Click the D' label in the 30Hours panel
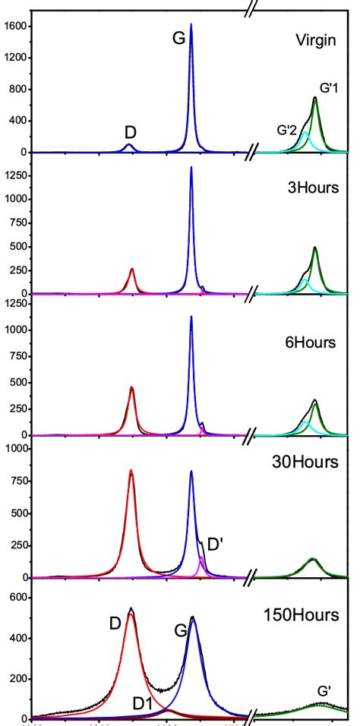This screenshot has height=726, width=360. pyautogui.click(x=215, y=544)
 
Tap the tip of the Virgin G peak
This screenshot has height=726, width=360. pyautogui.click(x=191, y=24)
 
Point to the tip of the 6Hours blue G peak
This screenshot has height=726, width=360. pyautogui.click(x=191, y=317)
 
